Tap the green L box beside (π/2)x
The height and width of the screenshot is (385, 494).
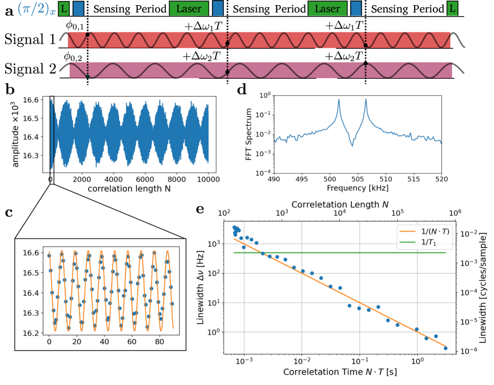(63, 9)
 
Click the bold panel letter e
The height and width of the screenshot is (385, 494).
(199, 209)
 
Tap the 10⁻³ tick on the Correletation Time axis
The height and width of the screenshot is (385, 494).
(244, 361)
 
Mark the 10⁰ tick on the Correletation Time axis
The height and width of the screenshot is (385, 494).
(417, 361)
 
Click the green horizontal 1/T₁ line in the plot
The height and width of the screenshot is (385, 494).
(340, 253)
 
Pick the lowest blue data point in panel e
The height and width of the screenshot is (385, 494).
(446, 348)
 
